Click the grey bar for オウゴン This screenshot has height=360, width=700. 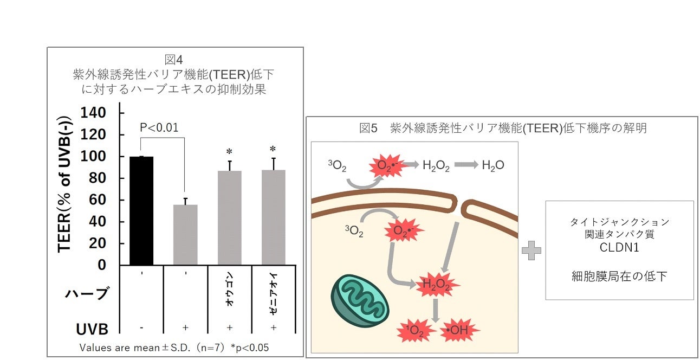coord(230,217)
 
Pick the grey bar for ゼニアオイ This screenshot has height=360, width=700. coord(273,217)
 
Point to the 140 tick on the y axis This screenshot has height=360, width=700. coord(93,113)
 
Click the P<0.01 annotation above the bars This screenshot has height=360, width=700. coord(159,128)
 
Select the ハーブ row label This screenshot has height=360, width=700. coord(87,293)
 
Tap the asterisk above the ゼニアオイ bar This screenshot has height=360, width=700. coord(273,150)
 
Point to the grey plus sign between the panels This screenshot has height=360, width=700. coord(532,250)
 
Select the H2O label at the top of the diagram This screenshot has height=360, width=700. coord(493,165)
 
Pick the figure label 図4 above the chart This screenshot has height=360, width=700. coord(174,59)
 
